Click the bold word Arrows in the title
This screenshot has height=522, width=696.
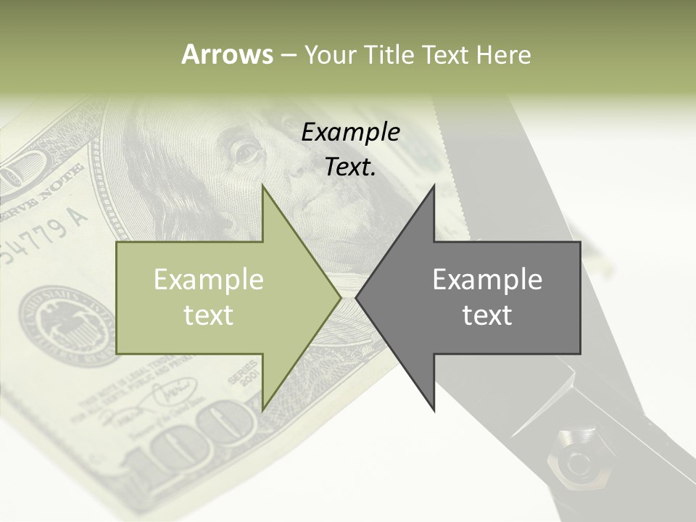click(227, 54)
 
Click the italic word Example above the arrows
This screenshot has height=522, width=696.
click(351, 132)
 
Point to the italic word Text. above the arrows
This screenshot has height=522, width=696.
click(351, 167)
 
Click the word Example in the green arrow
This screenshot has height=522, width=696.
click(209, 280)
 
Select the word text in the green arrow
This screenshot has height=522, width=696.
click(209, 315)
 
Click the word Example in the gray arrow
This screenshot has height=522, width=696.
click(487, 280)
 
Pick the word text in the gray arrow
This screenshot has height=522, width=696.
click(487, 315)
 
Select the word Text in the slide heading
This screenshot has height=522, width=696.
click(444, 54)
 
